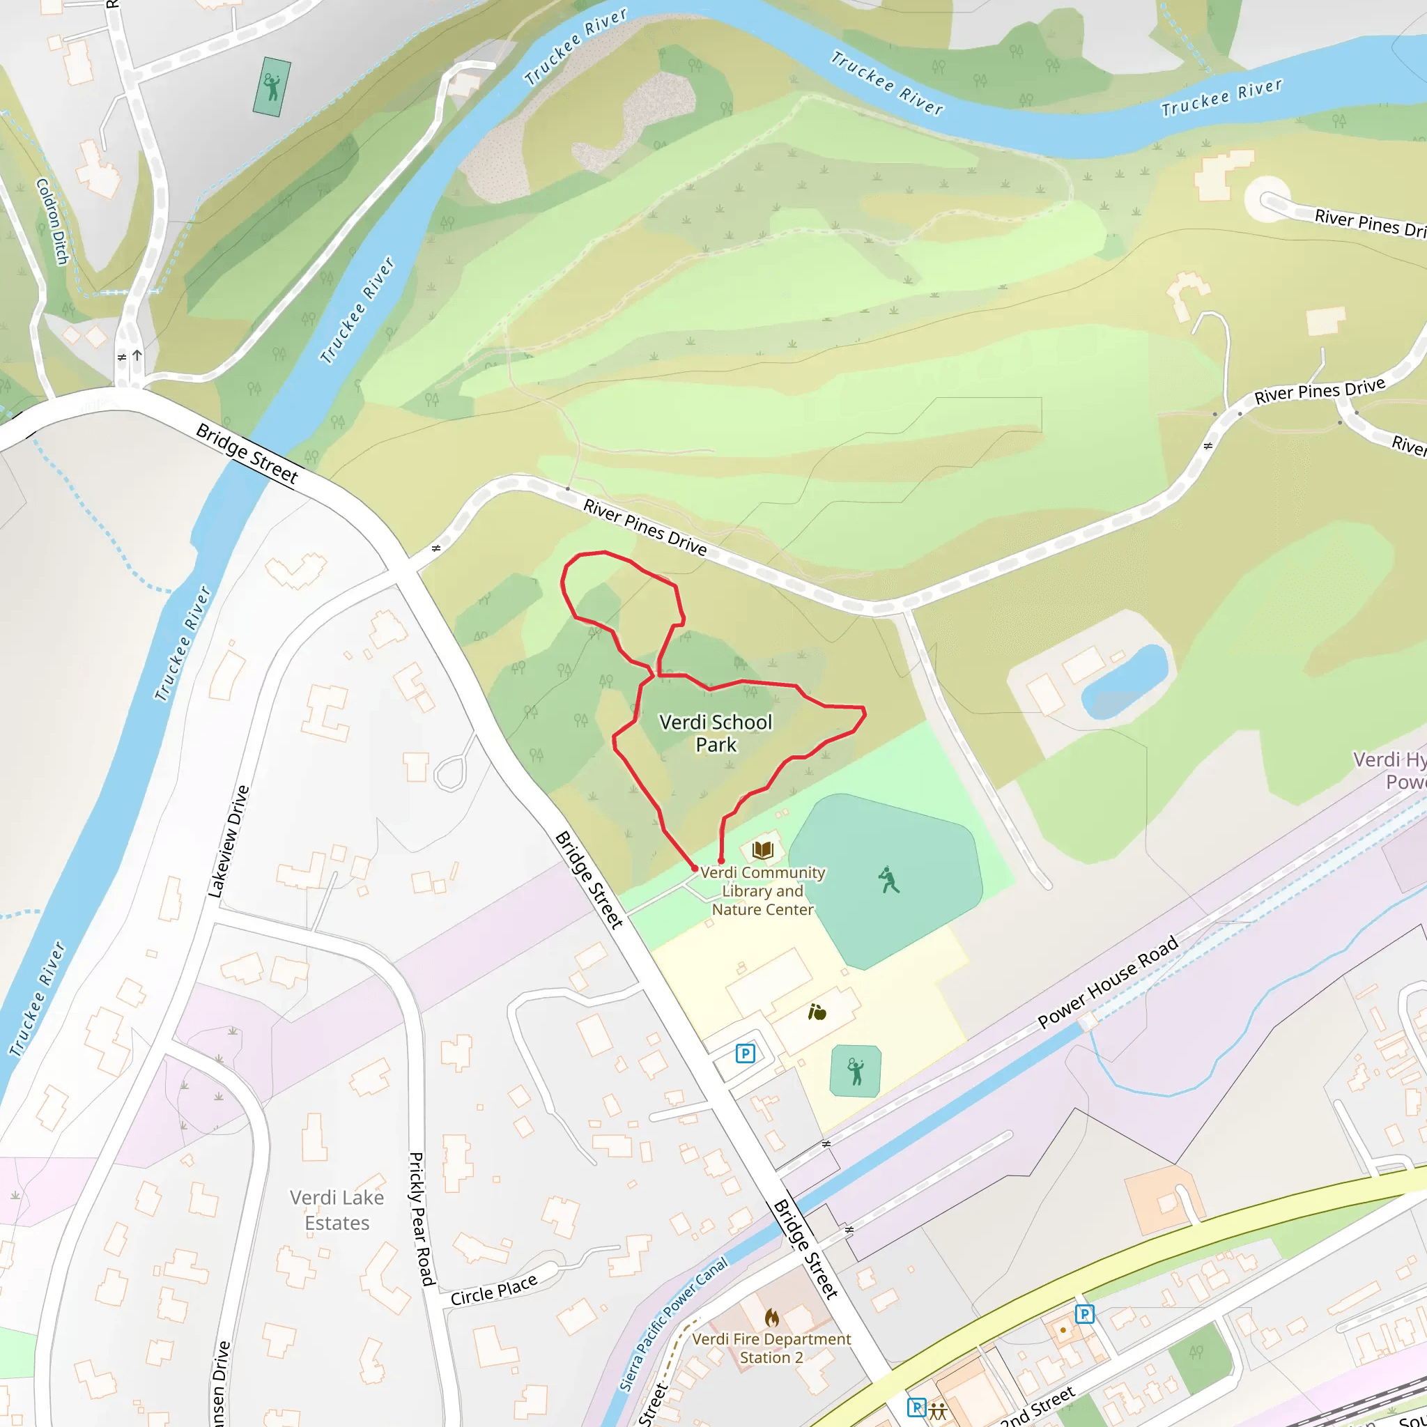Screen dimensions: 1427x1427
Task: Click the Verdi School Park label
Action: click(x=715, y=733)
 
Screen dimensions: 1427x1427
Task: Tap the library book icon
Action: click(x=763, y=850)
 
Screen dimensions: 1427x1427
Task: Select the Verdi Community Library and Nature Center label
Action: click(x=762, y=890)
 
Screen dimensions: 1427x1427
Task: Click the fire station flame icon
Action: click(x=772, y=1318)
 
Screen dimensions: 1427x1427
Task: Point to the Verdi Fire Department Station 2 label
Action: click(x=771, y=1348)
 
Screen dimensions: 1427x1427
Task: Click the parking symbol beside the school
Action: click(x=746, y=1054)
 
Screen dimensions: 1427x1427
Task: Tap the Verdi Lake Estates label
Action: click(x=337, y=1210)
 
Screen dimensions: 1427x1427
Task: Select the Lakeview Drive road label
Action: click(x=229, y=842)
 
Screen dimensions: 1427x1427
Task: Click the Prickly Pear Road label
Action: click(x=420, y=1219)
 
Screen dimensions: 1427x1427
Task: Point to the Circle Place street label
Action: click(x=493, y=1290)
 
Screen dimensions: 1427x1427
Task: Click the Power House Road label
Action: click(x=1107, y=982)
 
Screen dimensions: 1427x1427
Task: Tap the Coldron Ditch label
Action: click(x=52, y=221)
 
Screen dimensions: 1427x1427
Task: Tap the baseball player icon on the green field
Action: click(x=888, y=880)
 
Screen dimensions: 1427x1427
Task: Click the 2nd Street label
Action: click(x=1036, y=1407)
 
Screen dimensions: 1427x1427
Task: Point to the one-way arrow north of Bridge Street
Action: click(x=137, y=356)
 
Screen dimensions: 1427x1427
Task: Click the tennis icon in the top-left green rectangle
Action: click(x=272, y=87)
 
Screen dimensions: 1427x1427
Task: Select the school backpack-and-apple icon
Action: click(x=817, y=1012)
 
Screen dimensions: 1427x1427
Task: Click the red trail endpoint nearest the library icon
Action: click(x=721, y=861)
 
